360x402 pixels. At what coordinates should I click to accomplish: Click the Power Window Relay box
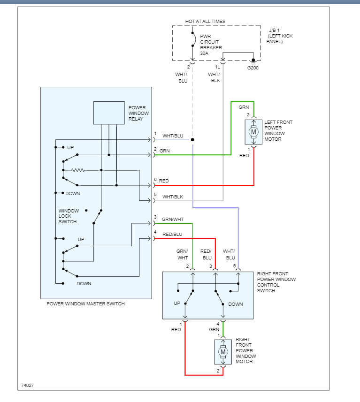(109, 113)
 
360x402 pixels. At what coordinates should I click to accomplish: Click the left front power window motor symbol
(254, 132)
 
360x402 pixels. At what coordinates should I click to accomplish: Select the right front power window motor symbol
(223, 352)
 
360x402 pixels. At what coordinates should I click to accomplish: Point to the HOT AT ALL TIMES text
(205, 22)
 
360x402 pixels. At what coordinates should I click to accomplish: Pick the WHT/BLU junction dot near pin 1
(192, 140)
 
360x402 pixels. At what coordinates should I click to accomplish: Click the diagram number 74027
(27, 386)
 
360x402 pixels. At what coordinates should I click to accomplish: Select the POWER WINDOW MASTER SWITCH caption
(86, 304)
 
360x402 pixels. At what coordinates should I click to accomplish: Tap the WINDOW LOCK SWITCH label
(69, 216)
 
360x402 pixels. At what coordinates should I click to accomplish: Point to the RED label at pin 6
(164, 181)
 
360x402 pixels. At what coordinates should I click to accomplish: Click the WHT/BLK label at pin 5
(172, 197)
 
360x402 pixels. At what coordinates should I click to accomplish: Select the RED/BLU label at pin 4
(172, 234)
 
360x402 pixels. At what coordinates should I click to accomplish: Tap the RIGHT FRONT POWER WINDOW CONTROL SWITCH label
(276, 282)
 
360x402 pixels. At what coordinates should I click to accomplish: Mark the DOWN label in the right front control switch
(236, 304)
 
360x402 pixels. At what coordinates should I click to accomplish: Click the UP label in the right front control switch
(177, 303)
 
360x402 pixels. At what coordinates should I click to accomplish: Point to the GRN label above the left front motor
(244, 107)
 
